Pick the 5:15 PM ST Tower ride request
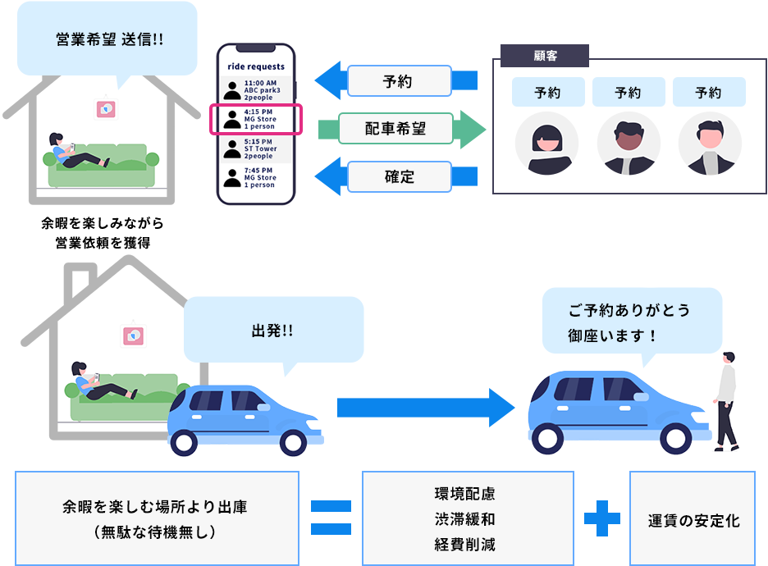256,148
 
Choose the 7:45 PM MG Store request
256,177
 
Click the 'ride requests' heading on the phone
256,66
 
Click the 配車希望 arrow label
396,129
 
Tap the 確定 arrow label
400,176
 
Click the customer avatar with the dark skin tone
629,144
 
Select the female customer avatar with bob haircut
547,144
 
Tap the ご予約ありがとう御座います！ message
628,323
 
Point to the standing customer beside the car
725,400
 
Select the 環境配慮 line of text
464,495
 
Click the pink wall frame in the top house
105,108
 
